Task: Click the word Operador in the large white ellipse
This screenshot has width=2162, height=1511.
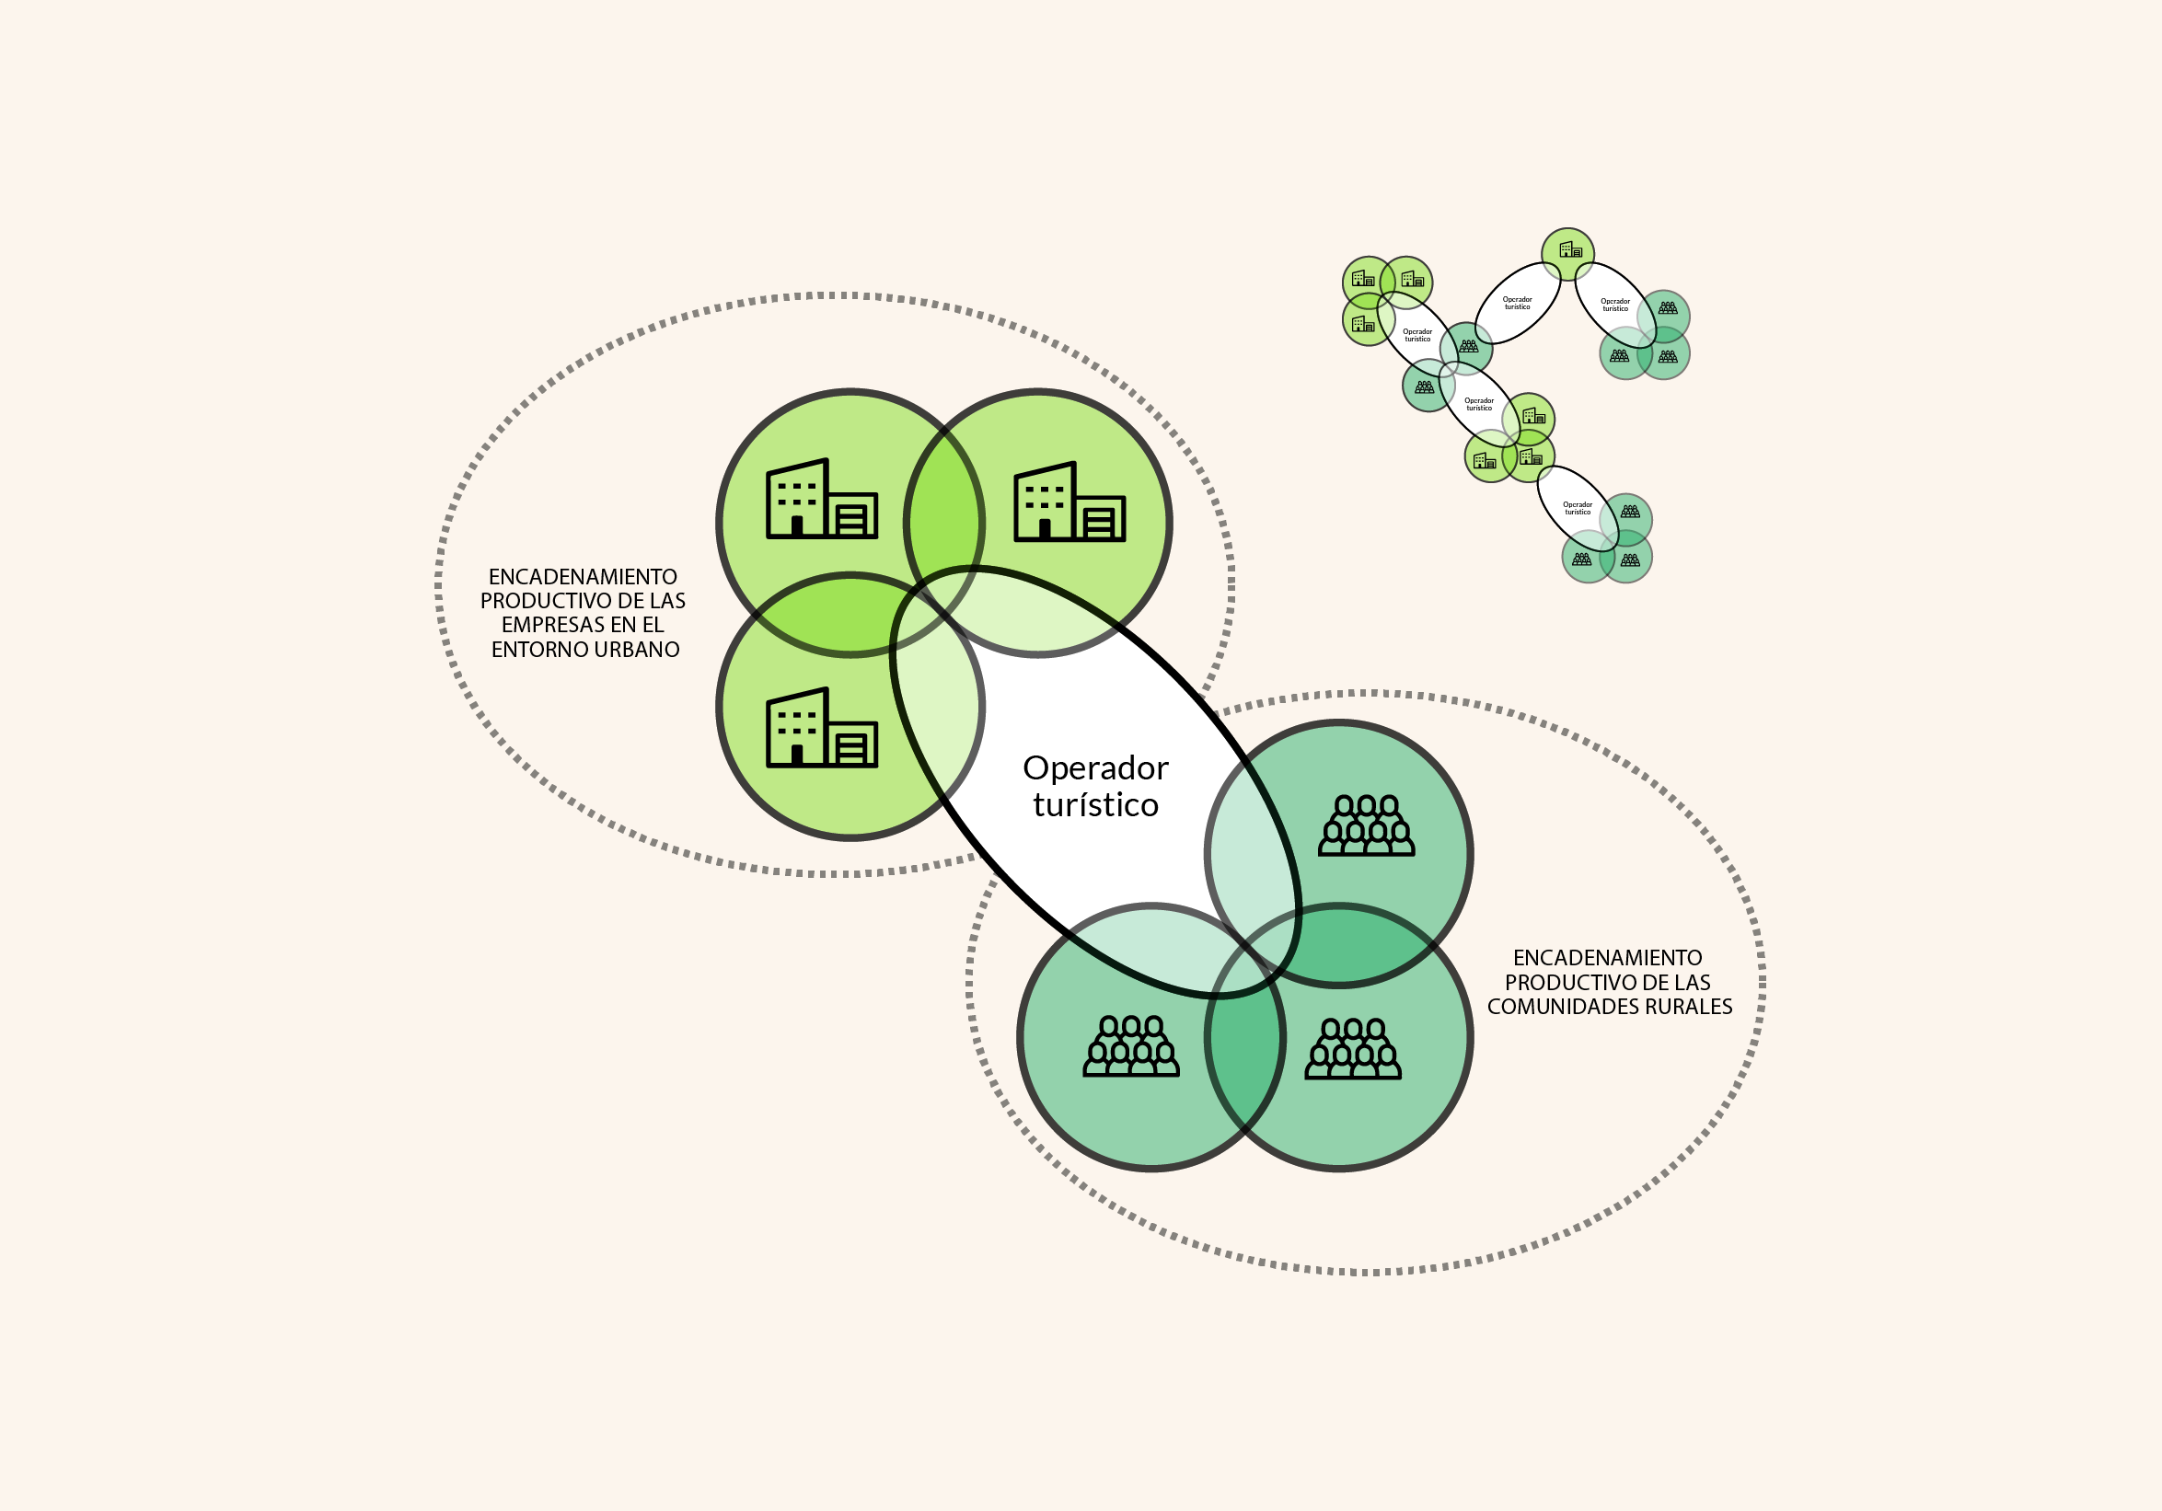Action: point(1095,769)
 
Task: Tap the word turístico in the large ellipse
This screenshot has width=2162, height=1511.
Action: point(1096,806)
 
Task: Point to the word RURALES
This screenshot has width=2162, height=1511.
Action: point(1687,1007)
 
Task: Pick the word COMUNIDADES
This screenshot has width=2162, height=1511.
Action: point(1562,1007)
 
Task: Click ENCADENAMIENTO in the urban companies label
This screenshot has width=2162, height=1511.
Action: point(583,577)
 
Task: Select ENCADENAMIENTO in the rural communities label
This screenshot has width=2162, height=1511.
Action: point(1607,957)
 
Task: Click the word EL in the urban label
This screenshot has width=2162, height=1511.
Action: point(653,625)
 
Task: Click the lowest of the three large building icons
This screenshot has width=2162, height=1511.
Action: point(822,728)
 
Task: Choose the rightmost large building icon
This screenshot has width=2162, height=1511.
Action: point(1069,502)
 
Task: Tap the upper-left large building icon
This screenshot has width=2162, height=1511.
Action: point(822,499)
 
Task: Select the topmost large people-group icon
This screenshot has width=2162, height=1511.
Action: point(1366,825)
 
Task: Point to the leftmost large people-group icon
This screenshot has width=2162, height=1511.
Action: point(1131,1046)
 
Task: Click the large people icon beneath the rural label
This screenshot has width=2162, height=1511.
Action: point(1353,1049)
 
